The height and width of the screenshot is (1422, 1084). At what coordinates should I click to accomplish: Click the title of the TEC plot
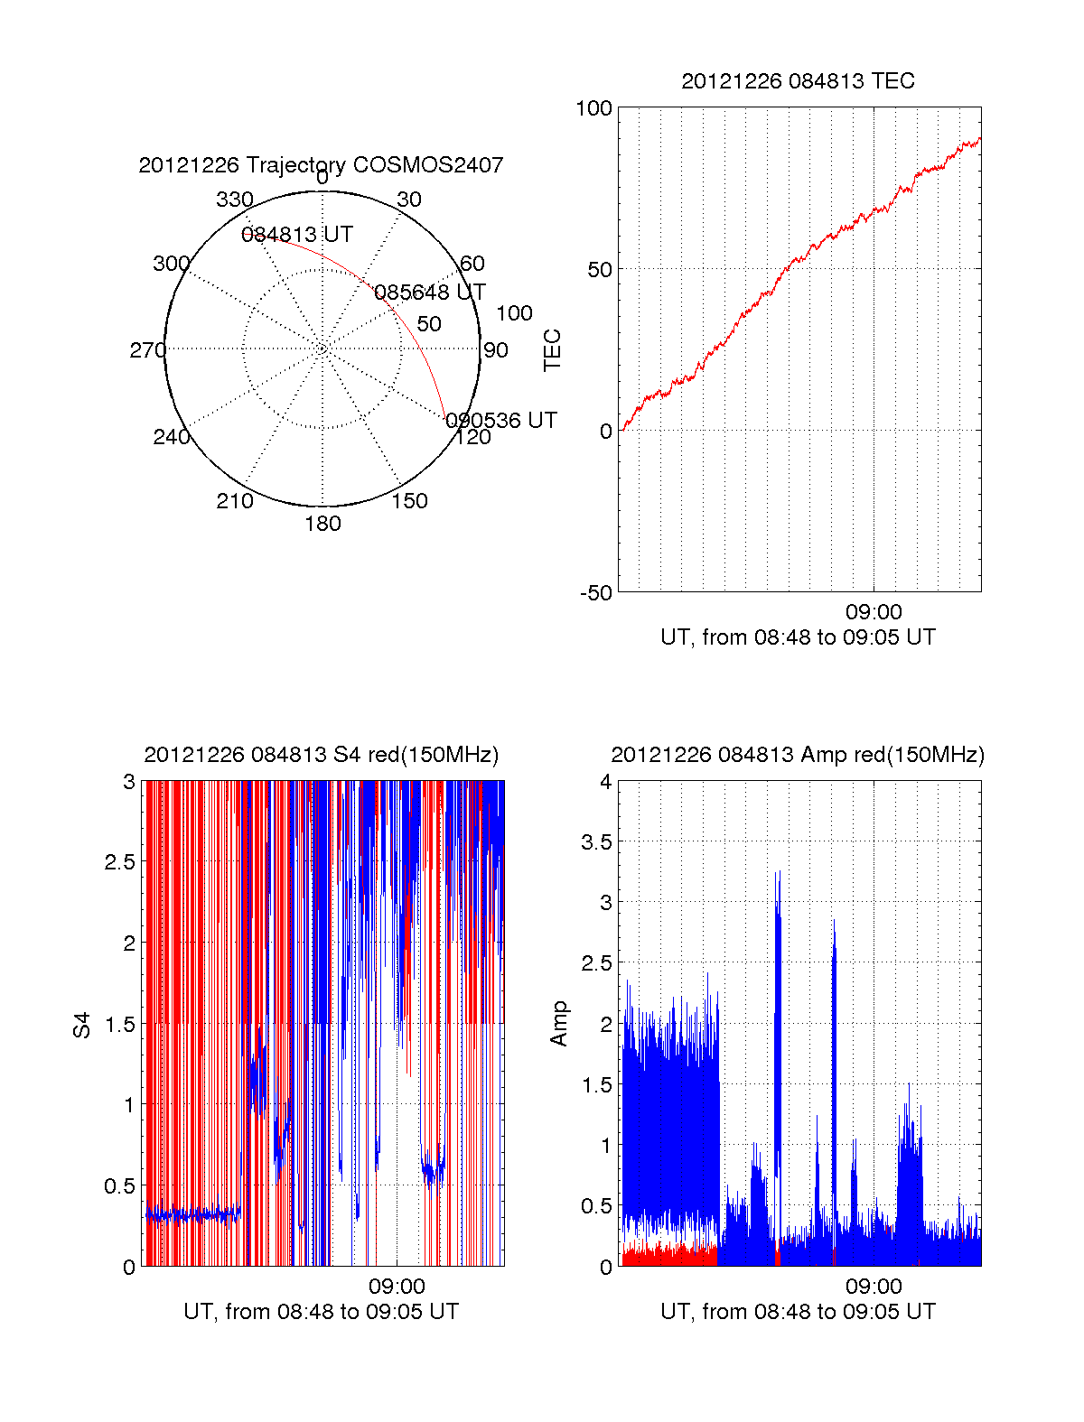(x=798, y=81)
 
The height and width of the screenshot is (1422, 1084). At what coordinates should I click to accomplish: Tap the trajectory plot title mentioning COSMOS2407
(x=321, y=165)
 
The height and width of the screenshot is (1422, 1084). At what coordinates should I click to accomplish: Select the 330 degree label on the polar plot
(x=234, y=200)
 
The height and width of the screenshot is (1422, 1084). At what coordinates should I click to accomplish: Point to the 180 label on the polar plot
(x=322, y=524)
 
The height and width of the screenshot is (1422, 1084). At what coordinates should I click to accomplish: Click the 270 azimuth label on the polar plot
(x=147, y=350)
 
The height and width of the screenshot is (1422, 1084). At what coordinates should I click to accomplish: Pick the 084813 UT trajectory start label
(x=296, y=235)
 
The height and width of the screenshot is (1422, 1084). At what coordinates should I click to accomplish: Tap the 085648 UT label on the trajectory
(x=430, y=293)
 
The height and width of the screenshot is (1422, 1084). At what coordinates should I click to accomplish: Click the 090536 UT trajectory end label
(x=501, y=421)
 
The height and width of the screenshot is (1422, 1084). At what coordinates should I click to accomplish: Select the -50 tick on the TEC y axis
(x=595, y=593)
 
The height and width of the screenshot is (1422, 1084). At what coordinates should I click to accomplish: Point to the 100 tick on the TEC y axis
(x=593, y=108)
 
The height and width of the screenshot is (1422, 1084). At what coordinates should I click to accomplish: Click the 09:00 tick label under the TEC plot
(x=874, y=612)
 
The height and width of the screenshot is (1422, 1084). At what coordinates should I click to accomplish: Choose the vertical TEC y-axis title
(x=552, y=350)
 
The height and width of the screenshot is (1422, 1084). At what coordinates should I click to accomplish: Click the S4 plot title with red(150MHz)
(x=321, y=755)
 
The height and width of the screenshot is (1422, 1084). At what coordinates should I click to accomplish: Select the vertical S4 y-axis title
(x=82, y=1025)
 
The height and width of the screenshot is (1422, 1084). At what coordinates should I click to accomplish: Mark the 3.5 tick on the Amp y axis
(x=594, y=842)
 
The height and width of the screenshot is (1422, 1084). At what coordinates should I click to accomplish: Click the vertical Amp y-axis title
(x=559, y=1023)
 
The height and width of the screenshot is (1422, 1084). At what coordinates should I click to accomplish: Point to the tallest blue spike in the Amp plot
(x=778, y=874)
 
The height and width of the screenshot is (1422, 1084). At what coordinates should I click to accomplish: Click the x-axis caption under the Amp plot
(x=798, y=1312)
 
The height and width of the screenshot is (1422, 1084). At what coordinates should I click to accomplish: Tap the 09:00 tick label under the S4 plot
(x=397, y=1287)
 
